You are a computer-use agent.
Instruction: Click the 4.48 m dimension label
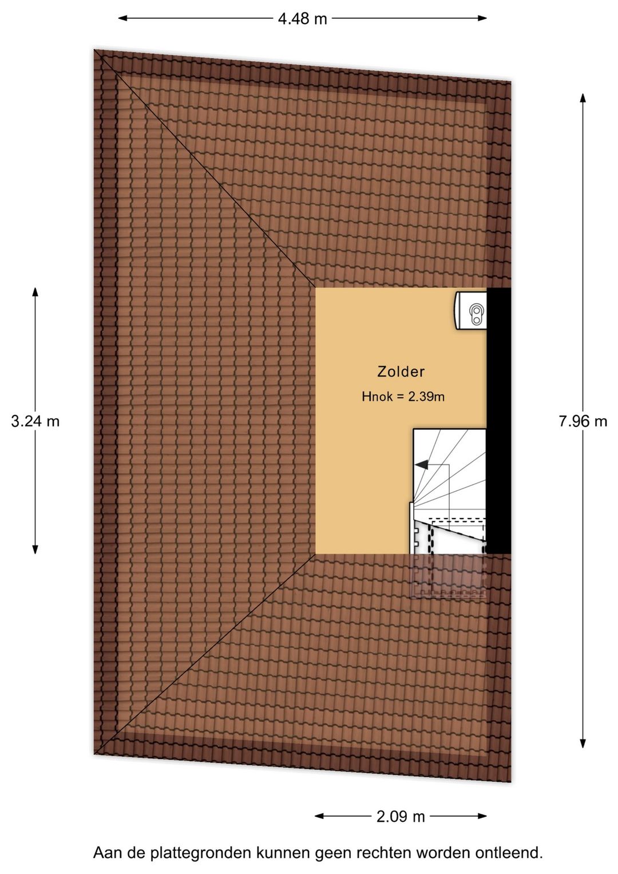click(x=302, y=18)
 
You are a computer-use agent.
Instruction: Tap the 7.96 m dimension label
click(x=583, y=421)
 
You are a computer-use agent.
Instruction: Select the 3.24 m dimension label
click(x=35, y=421)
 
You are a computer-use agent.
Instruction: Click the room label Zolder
click(x=401, y=371)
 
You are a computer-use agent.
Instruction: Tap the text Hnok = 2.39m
click(x=403, y=397)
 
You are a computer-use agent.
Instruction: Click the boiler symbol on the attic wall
click(x=471, y=311)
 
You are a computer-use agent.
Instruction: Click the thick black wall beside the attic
click(x=498, y=421)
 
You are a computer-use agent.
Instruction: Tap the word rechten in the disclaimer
click(x=375, y=853)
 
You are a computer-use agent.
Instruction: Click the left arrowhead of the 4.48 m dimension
click(x=122, y=18)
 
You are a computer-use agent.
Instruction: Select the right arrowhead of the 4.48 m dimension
click(x=482, y=18)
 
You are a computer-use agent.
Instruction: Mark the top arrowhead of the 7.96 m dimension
click(x=583, y=98)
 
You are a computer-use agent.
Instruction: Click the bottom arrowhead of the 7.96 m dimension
click(x=583, y=743)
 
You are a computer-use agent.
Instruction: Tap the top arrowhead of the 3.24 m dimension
click(x=35, y=293)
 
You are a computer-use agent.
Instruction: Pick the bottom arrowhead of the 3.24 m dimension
click(x=35, y=548)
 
